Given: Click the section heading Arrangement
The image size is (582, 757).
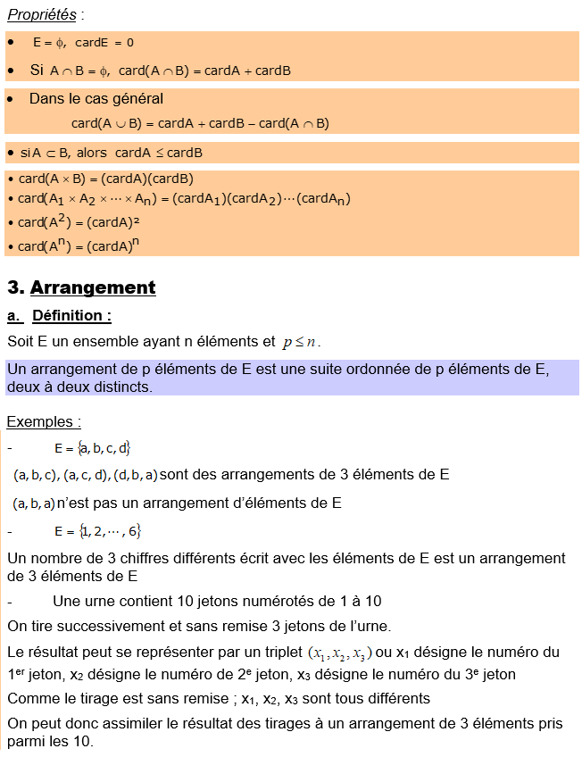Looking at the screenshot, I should [x=93, y=287].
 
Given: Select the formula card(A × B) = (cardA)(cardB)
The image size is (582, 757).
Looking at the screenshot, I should [x=105, y=179].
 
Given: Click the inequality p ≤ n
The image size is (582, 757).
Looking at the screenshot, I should [x=300, y=342].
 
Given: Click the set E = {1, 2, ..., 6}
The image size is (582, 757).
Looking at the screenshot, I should [x=97, y=532].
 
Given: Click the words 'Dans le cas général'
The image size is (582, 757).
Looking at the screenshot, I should [x=96, y=99].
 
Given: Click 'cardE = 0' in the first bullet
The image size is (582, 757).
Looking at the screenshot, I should [x=104, y=43].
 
